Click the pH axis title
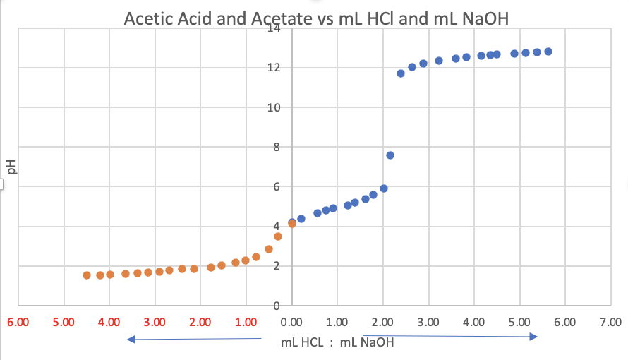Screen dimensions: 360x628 point(10,167)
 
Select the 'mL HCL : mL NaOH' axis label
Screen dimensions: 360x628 point(337,343)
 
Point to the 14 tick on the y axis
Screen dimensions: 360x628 point(274,29)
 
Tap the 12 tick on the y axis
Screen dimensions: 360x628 point(274,68)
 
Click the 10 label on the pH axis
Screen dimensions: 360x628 point(274,108)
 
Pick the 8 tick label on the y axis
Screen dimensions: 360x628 point(277,148)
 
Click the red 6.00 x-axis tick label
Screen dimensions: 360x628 point(18,323)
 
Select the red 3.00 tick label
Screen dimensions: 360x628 point(155,323)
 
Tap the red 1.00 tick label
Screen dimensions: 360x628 point(246,323)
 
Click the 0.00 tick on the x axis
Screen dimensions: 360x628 point(291,323)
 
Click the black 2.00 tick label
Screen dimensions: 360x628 point(382,323)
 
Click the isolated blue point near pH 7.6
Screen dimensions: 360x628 point(390,155)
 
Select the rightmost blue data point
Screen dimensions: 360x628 point(548,52)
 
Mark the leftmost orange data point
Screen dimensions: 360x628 point(87,275)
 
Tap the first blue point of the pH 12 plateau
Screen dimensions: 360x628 point(401,73)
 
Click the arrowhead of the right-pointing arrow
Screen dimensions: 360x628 point(535,337)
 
